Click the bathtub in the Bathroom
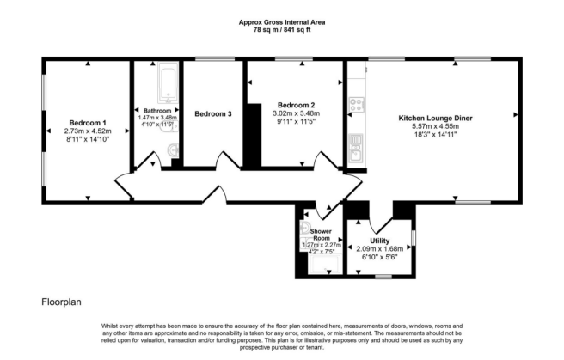(165, 85)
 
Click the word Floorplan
(62, 302)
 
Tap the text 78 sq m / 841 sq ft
(282, 29)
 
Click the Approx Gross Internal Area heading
(282, 21)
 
